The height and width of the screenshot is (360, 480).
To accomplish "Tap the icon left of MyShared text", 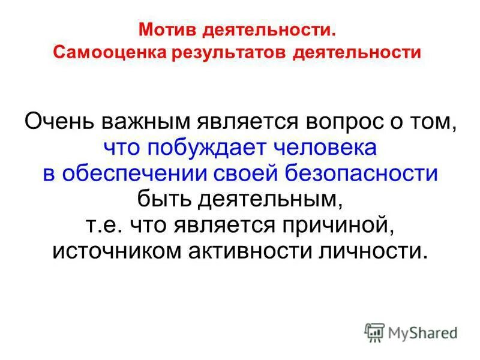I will (x=374, y=331).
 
